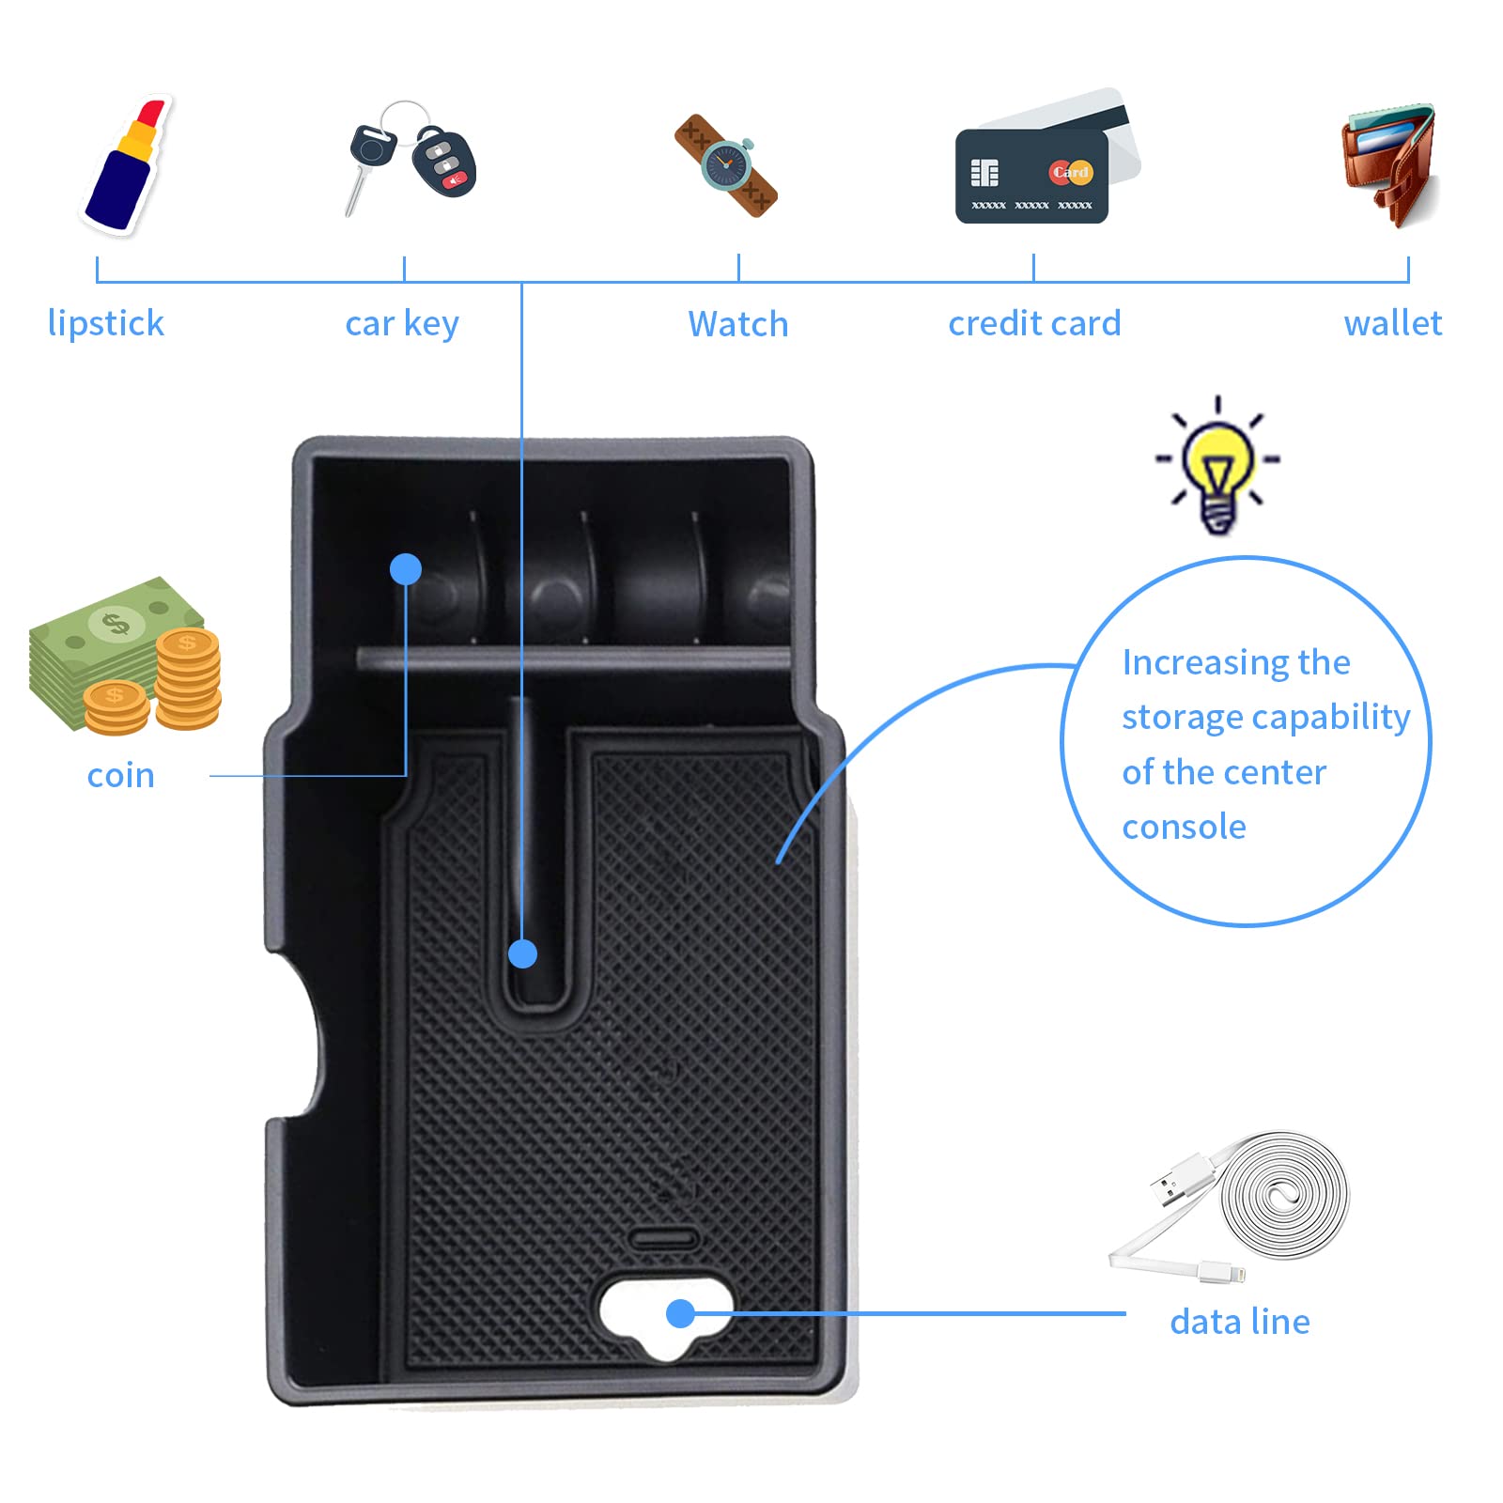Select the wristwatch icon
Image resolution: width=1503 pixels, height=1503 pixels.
click(x=726, y=166)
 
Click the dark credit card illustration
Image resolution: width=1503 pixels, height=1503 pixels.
click(x=1031, y=177)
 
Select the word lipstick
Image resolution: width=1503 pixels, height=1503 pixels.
click(x=106, y=323)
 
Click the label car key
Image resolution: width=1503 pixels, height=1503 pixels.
click(x=402, y=324)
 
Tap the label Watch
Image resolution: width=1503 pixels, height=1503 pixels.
click(x=738, y=324)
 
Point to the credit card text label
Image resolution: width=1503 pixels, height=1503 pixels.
click(x=1034, y=323)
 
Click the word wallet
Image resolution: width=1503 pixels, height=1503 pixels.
click(x=1392, y=323)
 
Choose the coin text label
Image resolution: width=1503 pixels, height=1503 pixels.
click(x=120, y=776)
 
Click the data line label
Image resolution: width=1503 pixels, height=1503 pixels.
click(x=1240, y=1322)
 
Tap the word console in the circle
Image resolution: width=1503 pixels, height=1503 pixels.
click(x=1184, y=827)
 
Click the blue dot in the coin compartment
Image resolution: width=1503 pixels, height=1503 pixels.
click(x=406, y=569)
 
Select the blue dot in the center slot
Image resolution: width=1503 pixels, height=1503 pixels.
click(x=522, y=954)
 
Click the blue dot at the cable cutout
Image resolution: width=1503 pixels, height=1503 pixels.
click(x=680, y=1313)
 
